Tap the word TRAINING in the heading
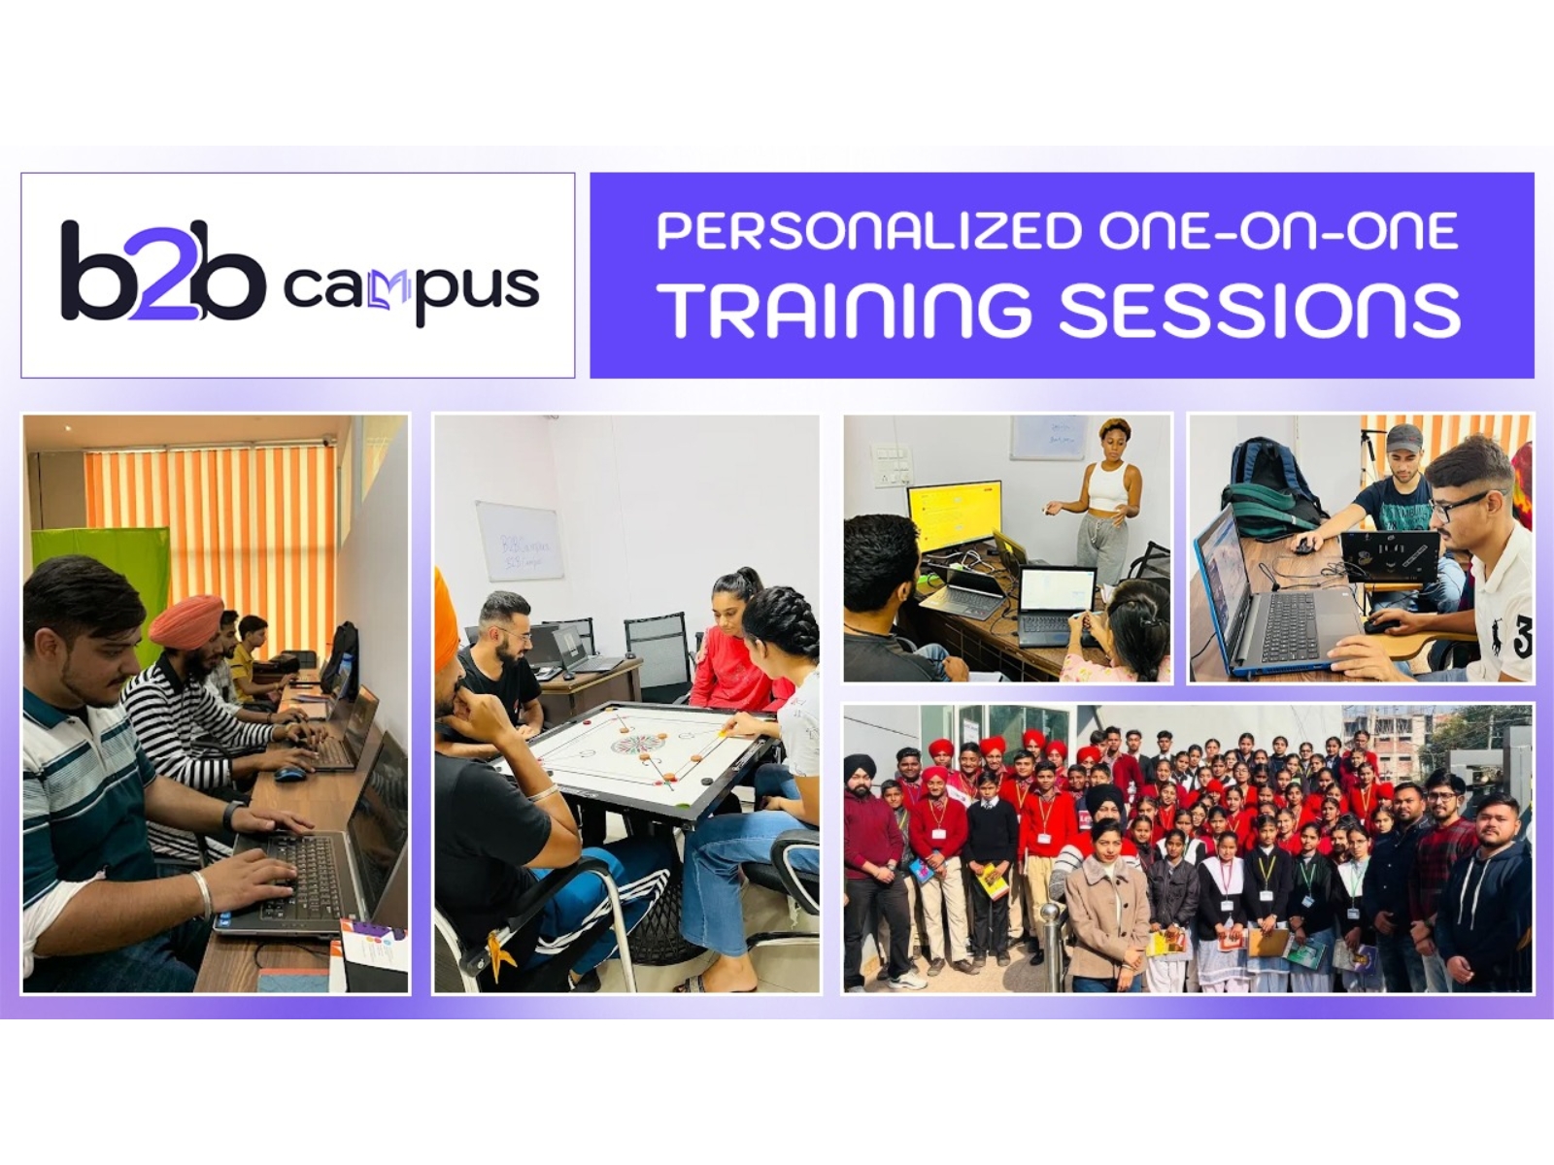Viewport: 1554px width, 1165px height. coord(844,310)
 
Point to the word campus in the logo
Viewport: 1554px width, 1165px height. coord(410,288)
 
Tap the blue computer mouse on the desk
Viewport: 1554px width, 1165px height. coord(289,774)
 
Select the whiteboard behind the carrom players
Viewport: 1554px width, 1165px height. coord(519,541)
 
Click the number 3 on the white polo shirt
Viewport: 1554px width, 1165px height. coord(1521,640)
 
